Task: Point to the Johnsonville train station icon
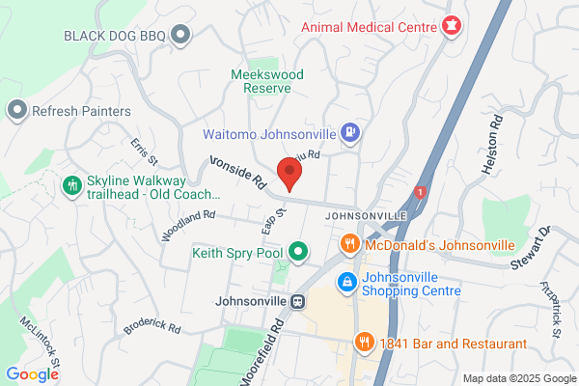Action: click(298, 301)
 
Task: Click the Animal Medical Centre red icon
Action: click(450, 25)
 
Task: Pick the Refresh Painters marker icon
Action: click(16, 111)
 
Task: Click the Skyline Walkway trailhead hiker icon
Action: click(71, 184)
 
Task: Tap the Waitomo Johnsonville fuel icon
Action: click(350, 133)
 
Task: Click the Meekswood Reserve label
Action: click(262, 81)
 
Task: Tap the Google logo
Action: click(32, 374)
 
